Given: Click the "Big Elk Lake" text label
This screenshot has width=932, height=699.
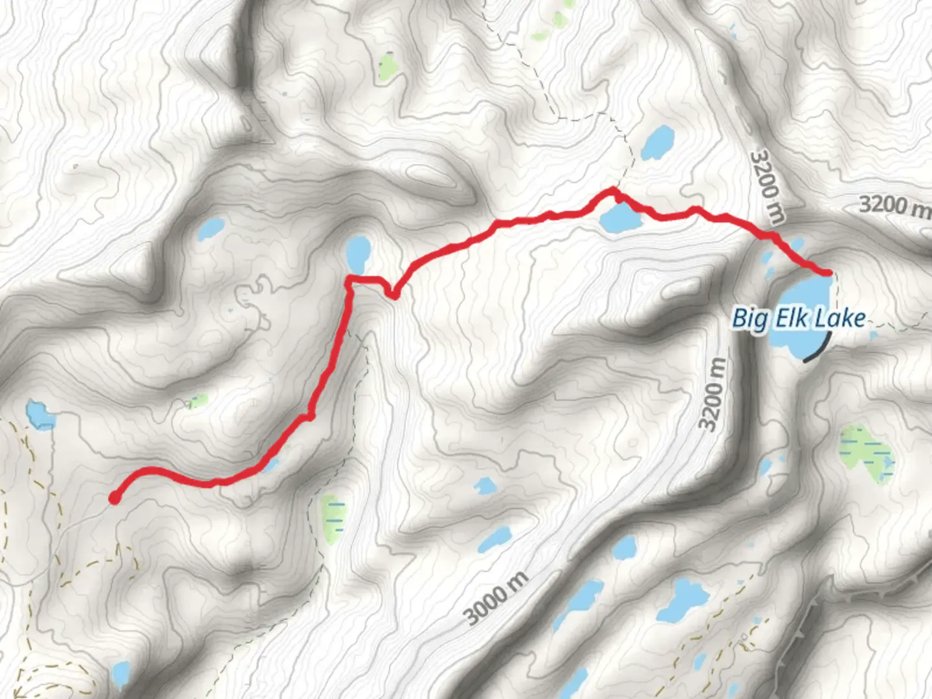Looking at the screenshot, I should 799,318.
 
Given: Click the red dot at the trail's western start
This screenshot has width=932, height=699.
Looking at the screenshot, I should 115,498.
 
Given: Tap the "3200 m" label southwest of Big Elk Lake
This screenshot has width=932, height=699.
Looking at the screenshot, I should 712,394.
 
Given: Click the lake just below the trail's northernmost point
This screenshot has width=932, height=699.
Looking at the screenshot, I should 620,218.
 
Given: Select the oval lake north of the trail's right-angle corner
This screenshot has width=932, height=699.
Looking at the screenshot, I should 357,254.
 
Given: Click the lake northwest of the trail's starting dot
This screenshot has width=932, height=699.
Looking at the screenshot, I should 39,416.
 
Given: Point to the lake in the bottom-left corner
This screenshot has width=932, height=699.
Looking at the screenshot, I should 120,673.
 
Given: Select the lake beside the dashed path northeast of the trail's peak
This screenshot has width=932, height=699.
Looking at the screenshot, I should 658,142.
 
